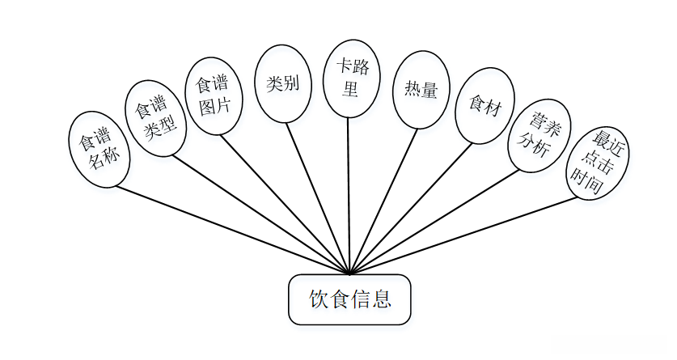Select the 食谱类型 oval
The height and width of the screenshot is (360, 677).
(155, 118)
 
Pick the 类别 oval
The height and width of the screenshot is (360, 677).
(283, 83)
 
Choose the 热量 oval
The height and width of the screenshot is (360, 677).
(418, 90)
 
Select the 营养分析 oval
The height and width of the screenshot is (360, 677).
(539, 136)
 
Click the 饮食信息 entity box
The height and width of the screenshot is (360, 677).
(349, 300)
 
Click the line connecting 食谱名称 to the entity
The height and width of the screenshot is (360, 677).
(232, 231)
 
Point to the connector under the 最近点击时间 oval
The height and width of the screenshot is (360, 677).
(463, 235)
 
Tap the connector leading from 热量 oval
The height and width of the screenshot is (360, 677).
(383, 202)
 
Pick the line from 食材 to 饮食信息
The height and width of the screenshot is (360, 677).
(410, 210)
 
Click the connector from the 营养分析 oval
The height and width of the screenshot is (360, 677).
(435, 222)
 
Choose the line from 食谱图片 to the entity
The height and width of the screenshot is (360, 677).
(285, 204)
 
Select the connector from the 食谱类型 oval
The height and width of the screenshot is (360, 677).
(260, 214)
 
